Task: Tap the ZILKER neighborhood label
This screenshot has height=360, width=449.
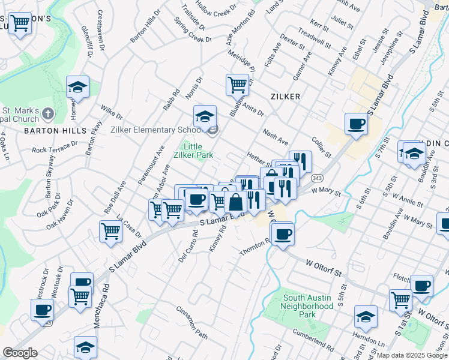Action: [x=285, y=96]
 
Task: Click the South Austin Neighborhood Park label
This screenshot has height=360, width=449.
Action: [x=308, y=306]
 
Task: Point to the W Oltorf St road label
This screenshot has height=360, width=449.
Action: [x=324, y=268]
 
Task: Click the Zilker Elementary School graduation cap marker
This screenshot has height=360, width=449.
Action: [x=205, y=115]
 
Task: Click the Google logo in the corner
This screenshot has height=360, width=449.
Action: [x=19, y=353]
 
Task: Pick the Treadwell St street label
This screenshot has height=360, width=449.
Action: [x=314, y=38]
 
